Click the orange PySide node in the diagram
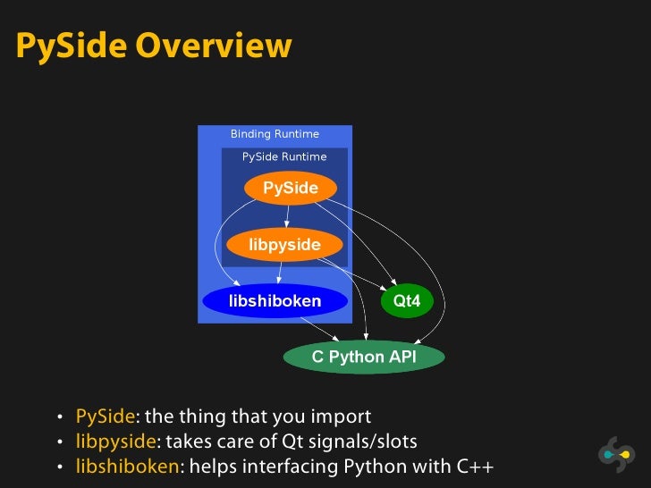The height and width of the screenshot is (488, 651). (x=290, y=189)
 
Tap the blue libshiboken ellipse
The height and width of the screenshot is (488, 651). (x=275, y=301)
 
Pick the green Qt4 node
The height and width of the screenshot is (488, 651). (x=407, y=301)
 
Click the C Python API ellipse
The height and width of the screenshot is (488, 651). (x=363, y=358)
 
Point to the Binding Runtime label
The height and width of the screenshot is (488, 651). (x=275, y=134)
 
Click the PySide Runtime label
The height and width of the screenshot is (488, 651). (x=284, y=156)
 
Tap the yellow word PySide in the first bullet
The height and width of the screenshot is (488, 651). (x=105, y=416)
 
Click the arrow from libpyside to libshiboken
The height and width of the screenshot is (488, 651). (x=281, y=273)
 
